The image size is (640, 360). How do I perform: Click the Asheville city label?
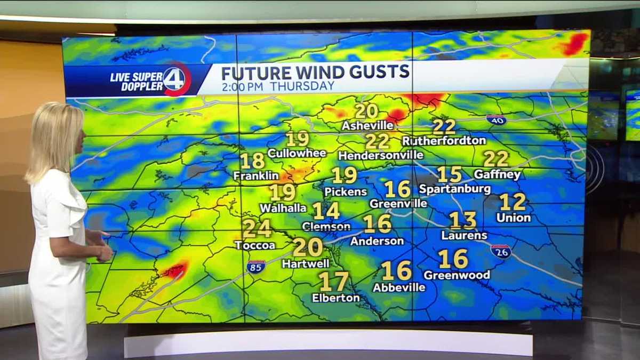(367, 126)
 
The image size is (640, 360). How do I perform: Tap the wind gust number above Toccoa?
(257, 229)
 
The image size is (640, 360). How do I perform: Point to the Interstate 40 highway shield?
(496, 119)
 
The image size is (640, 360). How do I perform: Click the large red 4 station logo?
(177, 79)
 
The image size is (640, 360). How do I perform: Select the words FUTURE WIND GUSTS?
(315, 72)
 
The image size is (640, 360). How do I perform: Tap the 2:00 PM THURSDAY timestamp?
(278, 86)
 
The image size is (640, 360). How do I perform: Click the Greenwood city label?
(457, 275)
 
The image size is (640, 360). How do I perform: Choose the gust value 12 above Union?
(513, 202)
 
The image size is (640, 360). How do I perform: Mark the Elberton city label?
(335, 298)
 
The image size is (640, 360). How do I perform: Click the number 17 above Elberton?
(333, 282)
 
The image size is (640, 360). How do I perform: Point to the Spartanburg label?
(454, 189)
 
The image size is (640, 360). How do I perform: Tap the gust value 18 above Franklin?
(252, 161)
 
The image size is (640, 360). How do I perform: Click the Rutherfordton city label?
(444, 141)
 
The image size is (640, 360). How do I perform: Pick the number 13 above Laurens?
(462, 220)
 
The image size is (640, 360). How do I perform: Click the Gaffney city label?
(497, 174)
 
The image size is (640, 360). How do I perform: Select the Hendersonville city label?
(381, 155)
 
